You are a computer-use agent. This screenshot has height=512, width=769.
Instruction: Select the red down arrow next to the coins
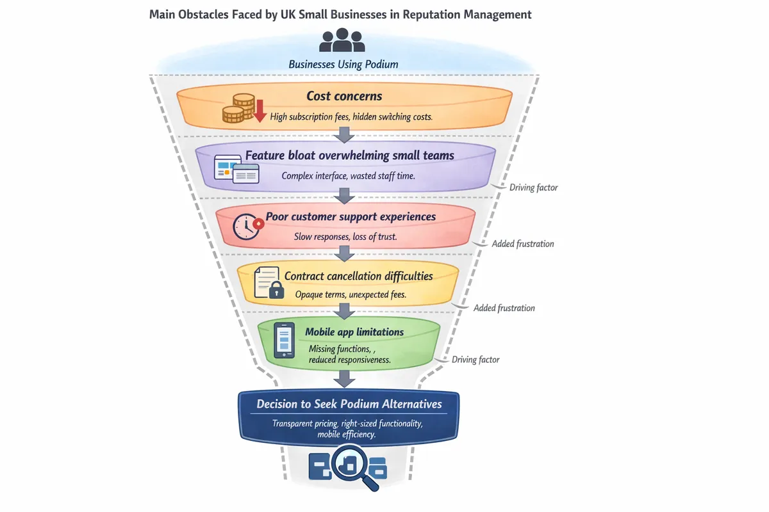pos(260,111)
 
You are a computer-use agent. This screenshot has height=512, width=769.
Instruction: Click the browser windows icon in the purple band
pos(236,170)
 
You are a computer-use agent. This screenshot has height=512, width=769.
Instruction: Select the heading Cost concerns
pos(344,96)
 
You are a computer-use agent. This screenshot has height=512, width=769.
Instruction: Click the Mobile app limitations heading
pos(354,332)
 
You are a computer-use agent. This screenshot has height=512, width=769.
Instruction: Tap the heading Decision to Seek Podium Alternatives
pos(349,404)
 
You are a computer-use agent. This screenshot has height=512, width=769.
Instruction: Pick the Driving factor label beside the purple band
pos(533,188)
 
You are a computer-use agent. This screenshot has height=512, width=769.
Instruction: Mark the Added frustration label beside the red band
pos(522,244)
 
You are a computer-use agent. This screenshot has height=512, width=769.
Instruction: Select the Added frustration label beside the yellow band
pos(504,308)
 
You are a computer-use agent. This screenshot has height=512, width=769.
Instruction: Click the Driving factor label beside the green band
pos(475,360)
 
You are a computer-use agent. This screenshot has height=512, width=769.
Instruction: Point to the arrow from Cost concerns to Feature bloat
pos(345,134)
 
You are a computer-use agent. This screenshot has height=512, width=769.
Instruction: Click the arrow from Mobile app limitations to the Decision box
pos(345,379)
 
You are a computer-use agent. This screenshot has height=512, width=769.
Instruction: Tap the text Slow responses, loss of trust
pos(345,236)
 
